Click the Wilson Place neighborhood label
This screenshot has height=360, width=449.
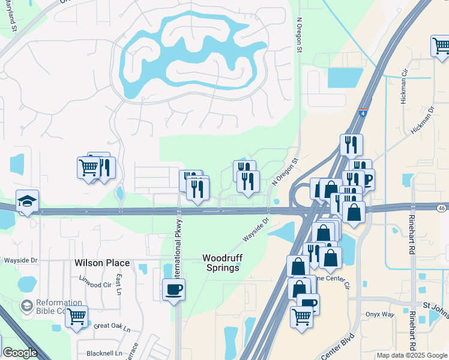(102, 263)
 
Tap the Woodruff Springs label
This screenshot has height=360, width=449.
(221, 262)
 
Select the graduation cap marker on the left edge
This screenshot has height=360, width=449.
(27, 202)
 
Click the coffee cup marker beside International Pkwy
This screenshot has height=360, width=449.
(173, 289)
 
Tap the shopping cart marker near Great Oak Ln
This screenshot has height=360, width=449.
(76, 316)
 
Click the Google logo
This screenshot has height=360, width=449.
(20, 353)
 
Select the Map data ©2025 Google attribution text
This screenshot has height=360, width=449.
(411, 355)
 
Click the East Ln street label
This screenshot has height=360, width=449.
(119, 282)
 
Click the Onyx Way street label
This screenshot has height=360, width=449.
(380, 314)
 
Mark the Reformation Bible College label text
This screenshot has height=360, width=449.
(51, 307)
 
